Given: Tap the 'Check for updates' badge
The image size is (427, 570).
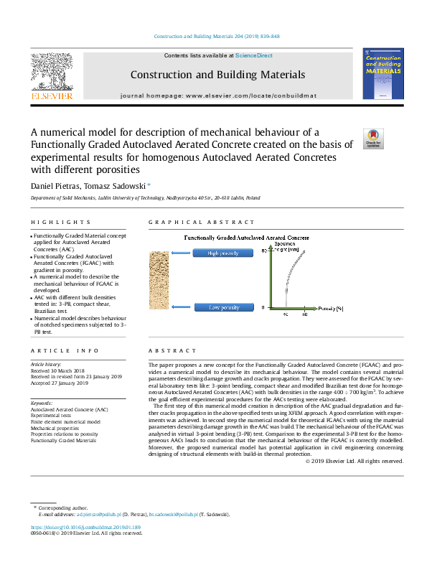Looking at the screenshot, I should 374,138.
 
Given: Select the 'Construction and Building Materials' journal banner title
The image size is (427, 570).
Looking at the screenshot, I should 217,75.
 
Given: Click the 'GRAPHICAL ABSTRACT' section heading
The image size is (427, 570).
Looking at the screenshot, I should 188,223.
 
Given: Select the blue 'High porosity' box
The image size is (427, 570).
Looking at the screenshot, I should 223,253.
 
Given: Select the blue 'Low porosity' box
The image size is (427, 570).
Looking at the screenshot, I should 223,307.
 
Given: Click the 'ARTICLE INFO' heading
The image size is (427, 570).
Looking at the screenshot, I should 65,350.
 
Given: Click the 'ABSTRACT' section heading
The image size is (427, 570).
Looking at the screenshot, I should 172,350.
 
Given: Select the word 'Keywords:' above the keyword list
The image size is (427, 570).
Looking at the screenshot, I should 42,403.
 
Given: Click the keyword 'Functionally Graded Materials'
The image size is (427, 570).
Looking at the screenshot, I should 63,441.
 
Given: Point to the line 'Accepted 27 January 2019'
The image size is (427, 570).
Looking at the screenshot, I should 59,383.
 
